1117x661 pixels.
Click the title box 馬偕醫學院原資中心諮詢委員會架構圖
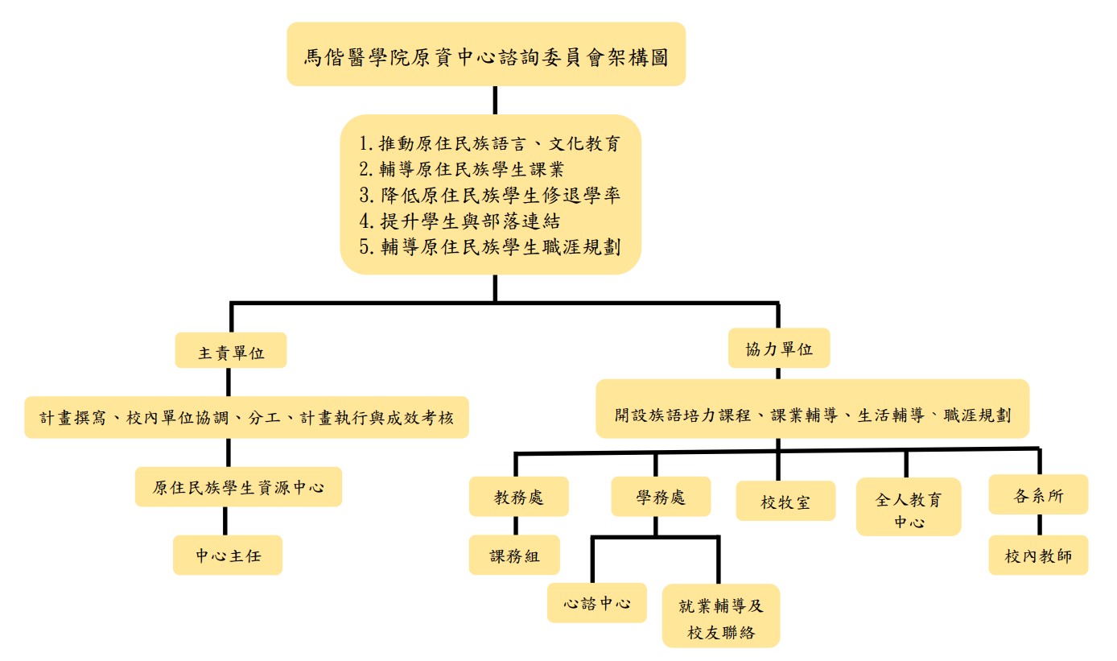point(486,54)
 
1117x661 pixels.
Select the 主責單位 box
point(231,351)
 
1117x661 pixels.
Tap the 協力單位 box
point(779,349)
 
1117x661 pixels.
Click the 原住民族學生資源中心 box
point(238,486)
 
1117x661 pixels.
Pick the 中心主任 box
point(228,555)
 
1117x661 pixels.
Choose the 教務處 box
point(519,496)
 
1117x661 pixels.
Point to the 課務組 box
point(514,555)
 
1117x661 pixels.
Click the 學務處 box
point(661,496)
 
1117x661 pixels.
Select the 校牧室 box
point(785,501)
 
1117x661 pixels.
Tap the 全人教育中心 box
point(908,506)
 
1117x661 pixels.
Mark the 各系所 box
point(1038,494)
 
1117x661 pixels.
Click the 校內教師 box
point(1038,555)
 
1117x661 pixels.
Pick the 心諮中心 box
point(596,602)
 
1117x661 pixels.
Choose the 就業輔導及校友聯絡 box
point(721,616)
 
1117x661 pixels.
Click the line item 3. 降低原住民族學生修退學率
point(489,195)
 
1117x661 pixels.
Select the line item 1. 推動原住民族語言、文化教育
point(489,144)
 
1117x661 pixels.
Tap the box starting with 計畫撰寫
point(246,417)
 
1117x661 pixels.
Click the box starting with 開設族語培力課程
point(811,415)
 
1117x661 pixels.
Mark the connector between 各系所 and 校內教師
point(1039,524)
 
